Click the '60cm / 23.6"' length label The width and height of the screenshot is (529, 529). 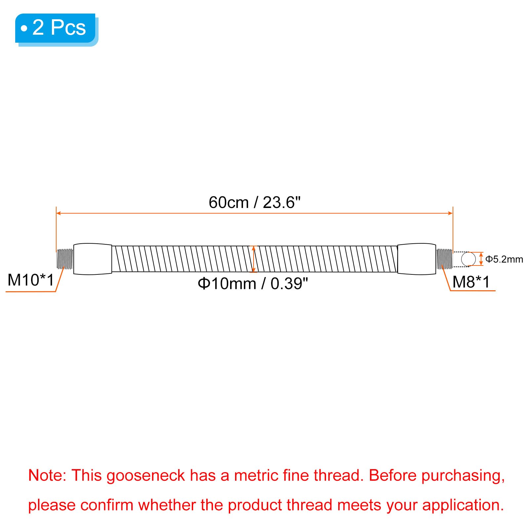click(x=255, y=202)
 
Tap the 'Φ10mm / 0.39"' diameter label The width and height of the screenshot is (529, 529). click(x=253, y=284)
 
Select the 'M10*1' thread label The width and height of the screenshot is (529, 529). click(x=30, y=280)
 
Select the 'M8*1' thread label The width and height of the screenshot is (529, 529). click(x=471, y=282)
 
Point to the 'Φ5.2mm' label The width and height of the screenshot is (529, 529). click(x=504, y=259)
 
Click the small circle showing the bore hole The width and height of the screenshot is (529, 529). click(x=468, y=259)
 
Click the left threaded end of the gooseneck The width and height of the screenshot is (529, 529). click(x=65, y=259)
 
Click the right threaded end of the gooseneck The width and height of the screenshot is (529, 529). click(x=444, y=259)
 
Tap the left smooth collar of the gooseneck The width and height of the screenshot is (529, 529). click(x=93, y=259)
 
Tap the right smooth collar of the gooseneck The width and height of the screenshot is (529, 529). click(x=416, y=259)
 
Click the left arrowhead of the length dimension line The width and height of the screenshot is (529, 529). click(x=59, y=213)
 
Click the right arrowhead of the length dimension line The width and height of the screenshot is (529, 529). click(x=450, y=213)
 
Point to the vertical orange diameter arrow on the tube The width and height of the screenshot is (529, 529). click(x=254, y=259)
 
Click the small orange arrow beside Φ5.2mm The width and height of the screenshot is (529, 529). click(x=481, y=259)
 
